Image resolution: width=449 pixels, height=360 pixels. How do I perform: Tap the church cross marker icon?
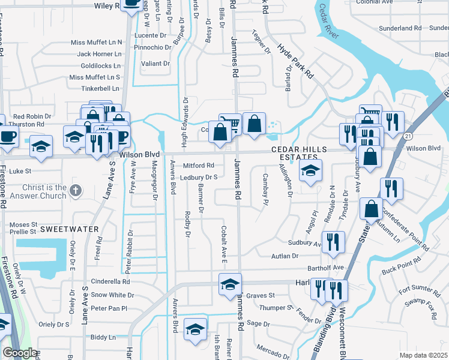[74, 191]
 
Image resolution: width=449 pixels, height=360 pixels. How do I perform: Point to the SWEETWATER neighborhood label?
[65, 229]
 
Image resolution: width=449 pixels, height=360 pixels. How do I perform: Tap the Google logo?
[19, 353]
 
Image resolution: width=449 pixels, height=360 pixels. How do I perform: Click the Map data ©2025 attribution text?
[423, 355]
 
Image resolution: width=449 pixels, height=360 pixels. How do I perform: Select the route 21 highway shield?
[407, 137]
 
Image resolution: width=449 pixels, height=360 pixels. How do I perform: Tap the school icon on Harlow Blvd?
[230, 284]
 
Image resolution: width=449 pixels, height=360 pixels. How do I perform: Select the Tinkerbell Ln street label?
[100, 88]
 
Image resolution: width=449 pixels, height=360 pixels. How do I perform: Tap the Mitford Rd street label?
[199, 166]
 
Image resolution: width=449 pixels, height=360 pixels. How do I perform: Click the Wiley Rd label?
[109, 6]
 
